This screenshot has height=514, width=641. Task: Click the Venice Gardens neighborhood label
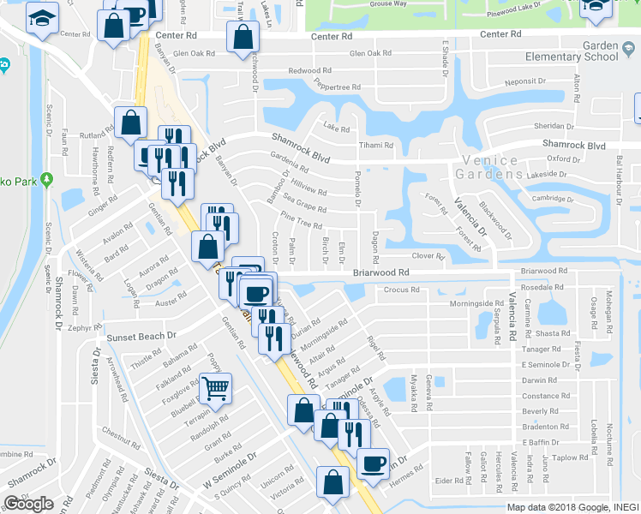click(x=489, y=167)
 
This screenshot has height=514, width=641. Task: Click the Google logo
click(x=28, y=504)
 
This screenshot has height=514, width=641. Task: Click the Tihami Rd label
click(x=375, y=145)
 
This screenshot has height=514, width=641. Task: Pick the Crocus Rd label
click(x=401, y=290)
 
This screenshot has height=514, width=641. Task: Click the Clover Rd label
click(x=428, y=255)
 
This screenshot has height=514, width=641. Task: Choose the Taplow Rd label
click(x=570, y=457)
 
